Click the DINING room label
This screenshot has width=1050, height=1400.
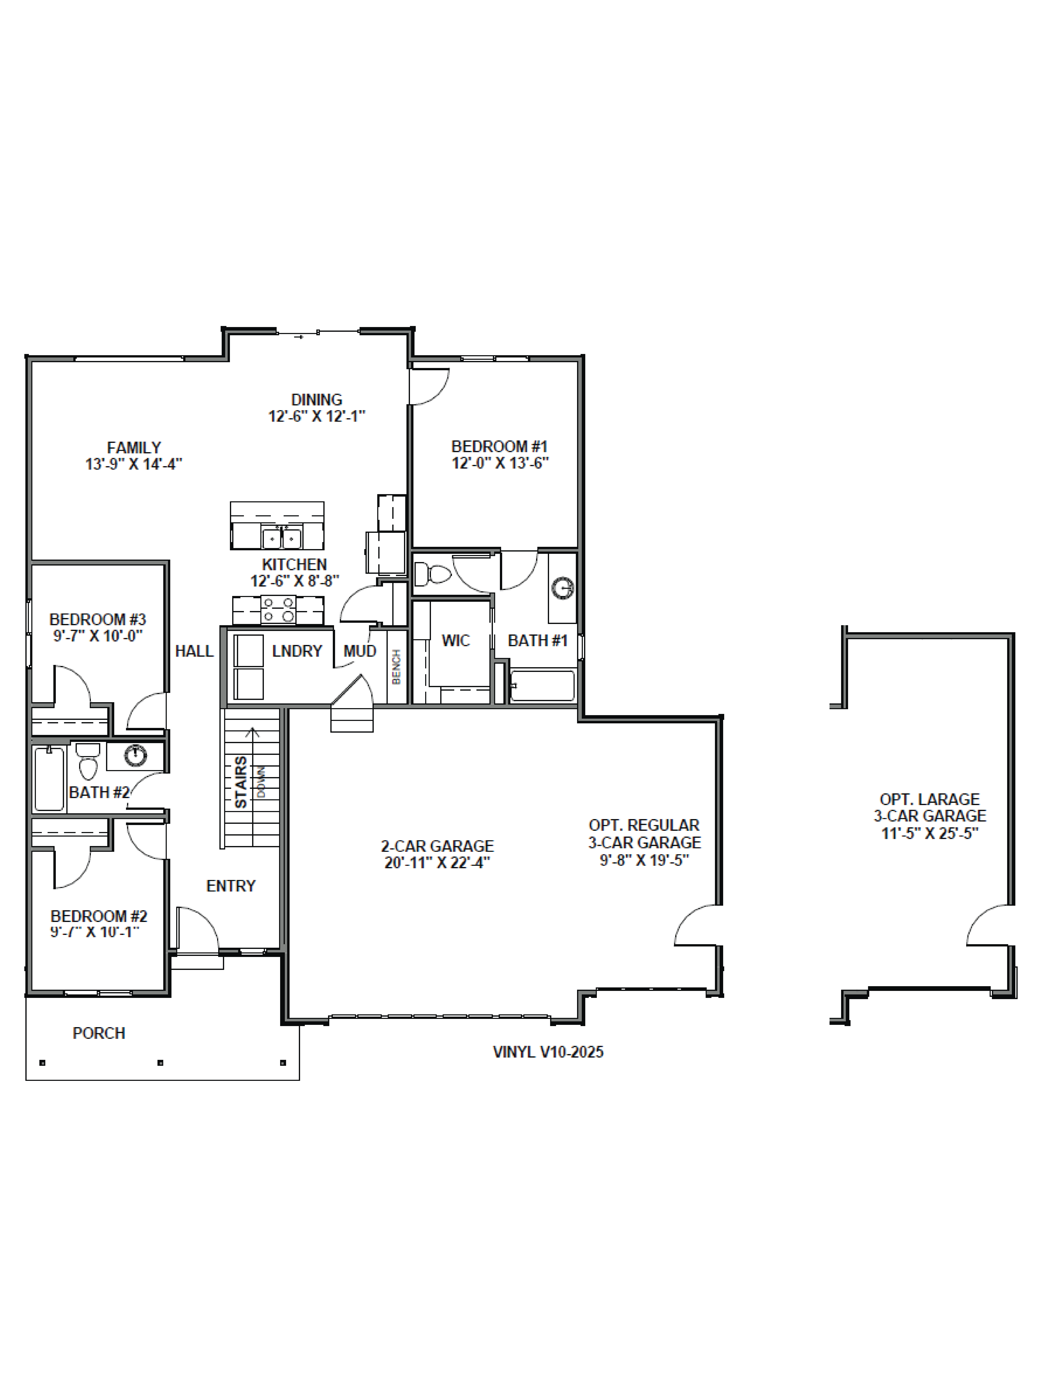pos(317,400)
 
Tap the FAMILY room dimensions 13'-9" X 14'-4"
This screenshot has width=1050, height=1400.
pos(134,464)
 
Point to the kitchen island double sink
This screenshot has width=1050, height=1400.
pos(281,538)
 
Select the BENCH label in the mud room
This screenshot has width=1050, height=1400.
pos(396,666)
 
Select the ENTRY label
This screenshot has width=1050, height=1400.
pos(231,885)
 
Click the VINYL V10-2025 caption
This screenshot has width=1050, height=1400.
pos(548,1052)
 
